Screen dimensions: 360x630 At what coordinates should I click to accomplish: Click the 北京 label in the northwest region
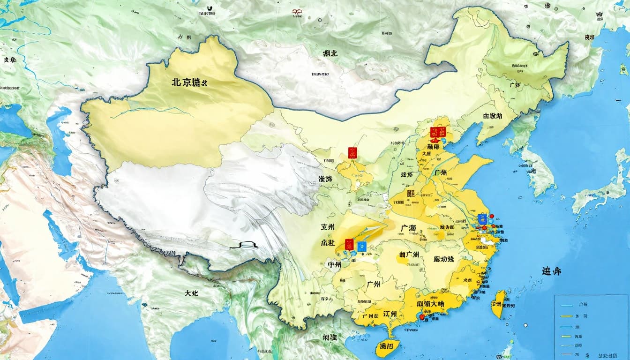(189, 82)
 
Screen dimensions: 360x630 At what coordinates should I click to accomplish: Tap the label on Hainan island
(387, 346)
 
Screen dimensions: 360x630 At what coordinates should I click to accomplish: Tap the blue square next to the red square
(361, 246)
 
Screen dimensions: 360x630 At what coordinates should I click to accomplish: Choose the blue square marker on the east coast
(482, 218)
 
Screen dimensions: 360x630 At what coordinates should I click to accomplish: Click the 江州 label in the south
(390, 314)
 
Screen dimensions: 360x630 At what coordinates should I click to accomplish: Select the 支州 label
(328, 227)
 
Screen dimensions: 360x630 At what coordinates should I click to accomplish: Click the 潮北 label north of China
(330, 53)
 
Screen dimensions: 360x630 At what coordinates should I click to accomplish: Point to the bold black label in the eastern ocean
(551, 271)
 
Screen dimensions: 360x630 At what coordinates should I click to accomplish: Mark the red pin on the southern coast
(421, 317)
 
